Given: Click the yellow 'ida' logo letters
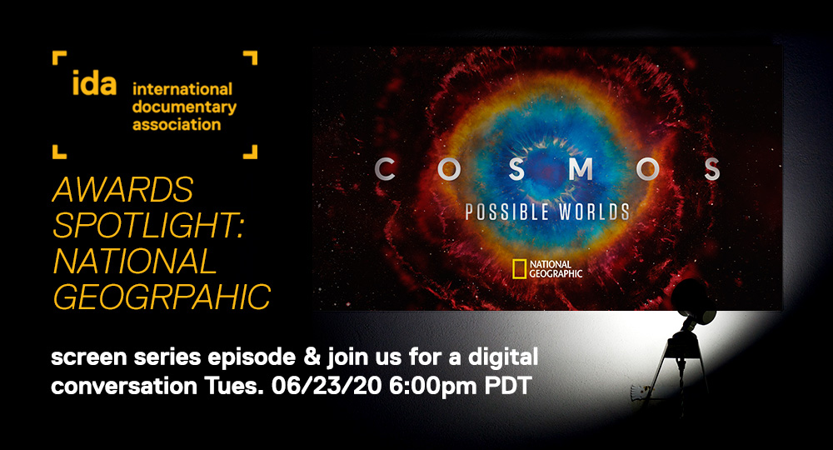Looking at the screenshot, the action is point(94,82).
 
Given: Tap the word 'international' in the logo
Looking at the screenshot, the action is point(182,88).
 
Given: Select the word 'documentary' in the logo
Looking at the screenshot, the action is point(184,107).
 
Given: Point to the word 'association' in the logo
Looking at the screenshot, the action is point(177,125).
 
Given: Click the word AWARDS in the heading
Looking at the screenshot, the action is point(122,190).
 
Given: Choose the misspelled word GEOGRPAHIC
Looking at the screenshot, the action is point(162,297).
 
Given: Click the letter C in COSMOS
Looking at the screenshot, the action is point(385,169).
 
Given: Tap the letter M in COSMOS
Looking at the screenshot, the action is point(581,169).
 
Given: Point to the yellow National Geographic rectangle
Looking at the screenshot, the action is point(519,269).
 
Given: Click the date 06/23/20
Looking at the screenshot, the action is point(327,386).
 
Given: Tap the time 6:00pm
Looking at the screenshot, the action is point(433,387).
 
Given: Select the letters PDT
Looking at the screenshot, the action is point(508,386).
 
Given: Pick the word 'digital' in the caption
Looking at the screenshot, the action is point(503,357).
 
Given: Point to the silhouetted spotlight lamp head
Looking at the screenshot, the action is point(692,301).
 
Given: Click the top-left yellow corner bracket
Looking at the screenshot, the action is point(59,57).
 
